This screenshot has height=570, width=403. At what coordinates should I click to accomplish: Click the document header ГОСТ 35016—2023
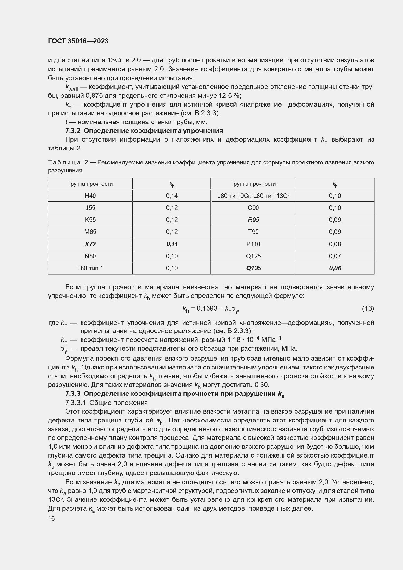pyautogui.click(x=78, y=41)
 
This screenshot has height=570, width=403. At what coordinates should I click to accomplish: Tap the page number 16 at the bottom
pyautogui.click(x=51, y=519)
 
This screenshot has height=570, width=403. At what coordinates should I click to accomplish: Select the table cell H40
pyautogui.click(x=90, y=196)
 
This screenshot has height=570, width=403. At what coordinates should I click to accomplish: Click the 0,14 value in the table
pyautogui.click(x=172, y=196)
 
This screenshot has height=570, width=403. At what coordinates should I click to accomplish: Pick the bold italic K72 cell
pyautogui.click(x=90, y=244)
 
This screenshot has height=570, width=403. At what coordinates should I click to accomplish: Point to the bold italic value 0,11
pyautogui.click(x=172, y=244)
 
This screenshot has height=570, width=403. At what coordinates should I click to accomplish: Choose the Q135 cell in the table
pyautogui.click(x=253, y=268)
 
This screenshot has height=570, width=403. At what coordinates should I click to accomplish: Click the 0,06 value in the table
pyautogui.click(x=335, y=268)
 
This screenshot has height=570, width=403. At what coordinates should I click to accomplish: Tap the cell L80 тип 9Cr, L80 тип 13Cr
pyautogui.click(x=253, y=196)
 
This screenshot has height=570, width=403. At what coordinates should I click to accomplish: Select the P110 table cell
pyautogui.click(x=253, y=244)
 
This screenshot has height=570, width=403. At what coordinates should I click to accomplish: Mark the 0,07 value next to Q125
pyautogui.click(x=335, y=256)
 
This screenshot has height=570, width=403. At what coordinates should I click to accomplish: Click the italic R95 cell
pyautogui.click(x=253, y=220)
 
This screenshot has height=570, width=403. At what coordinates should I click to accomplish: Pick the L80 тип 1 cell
pyautogui.click(x=90, y=268)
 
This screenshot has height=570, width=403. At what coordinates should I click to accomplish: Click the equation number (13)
pyautogui.click(x=368, y=308)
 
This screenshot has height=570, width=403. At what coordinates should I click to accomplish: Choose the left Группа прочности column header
pyautogui.click(x=90, y=184)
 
